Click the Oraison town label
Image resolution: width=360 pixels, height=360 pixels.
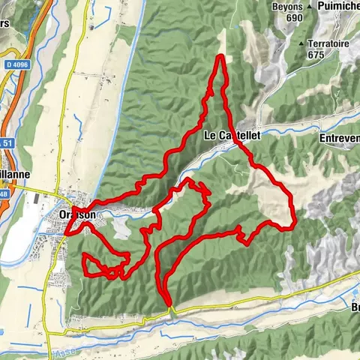(x=76, y=214)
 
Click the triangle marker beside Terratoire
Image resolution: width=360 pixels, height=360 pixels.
(x=301, y=44)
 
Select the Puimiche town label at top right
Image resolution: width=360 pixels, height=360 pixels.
(x=337, y=6)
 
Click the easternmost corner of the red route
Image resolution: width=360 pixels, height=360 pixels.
(x=296, y=222)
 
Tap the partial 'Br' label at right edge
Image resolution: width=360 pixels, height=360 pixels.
(x=353, y=307)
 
